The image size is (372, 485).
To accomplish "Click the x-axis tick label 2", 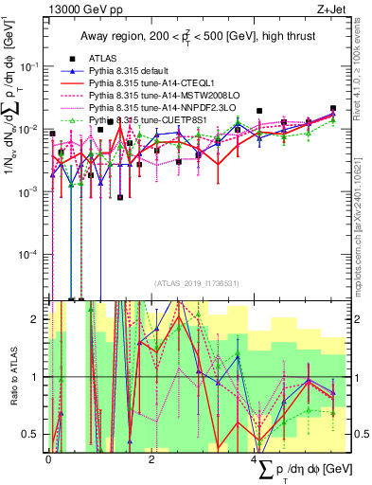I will (152, 458).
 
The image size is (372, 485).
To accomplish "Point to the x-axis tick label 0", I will (48, 458).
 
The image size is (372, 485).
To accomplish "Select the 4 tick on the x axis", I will (256, 458).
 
